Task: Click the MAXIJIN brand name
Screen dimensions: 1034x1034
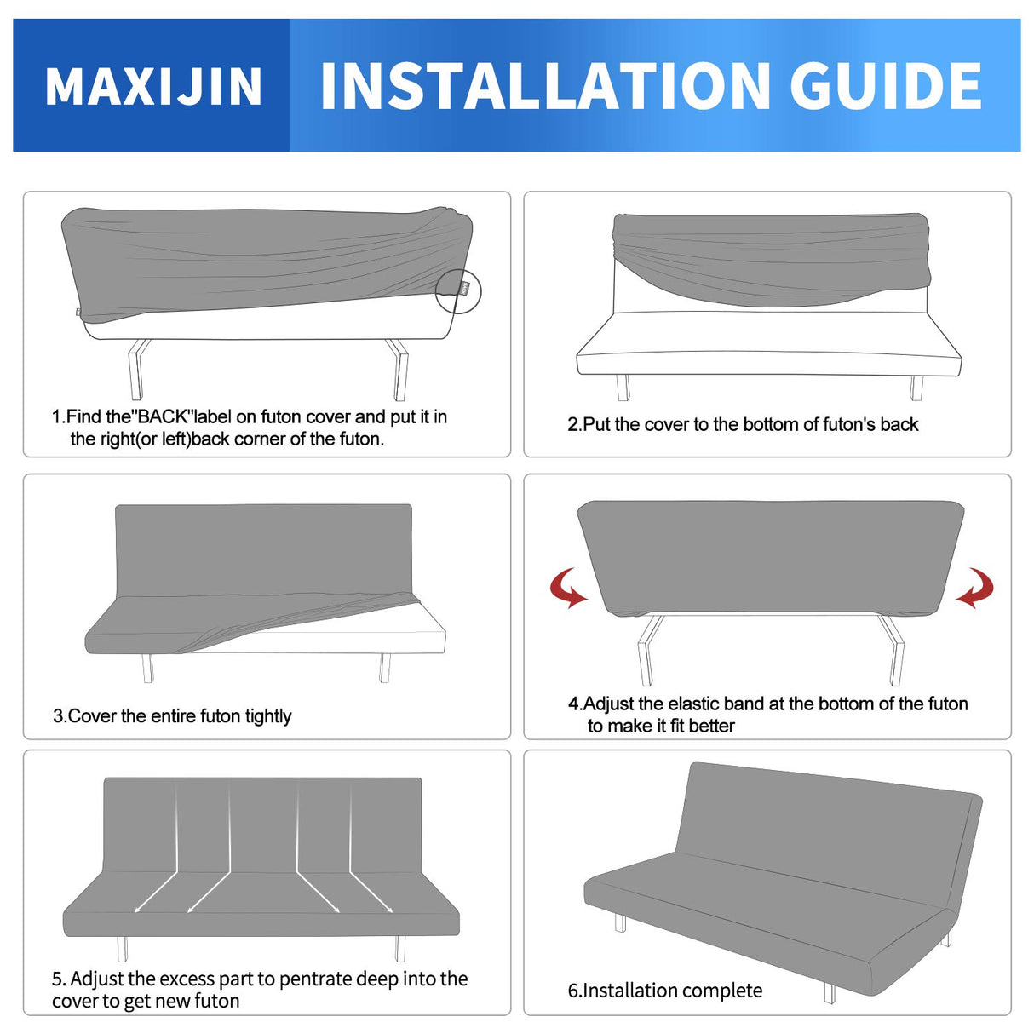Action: pos(153,86)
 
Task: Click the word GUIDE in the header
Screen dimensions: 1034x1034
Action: pos(886,86)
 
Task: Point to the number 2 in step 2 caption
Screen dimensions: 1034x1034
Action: pos(572,424)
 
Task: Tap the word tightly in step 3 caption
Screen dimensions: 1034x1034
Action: pos(267,716)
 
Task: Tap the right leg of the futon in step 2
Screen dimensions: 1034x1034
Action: pos(916,388)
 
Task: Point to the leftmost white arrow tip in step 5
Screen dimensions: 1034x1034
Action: pos(136,911)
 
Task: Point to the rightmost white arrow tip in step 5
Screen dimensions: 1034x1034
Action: pos(390,911)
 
